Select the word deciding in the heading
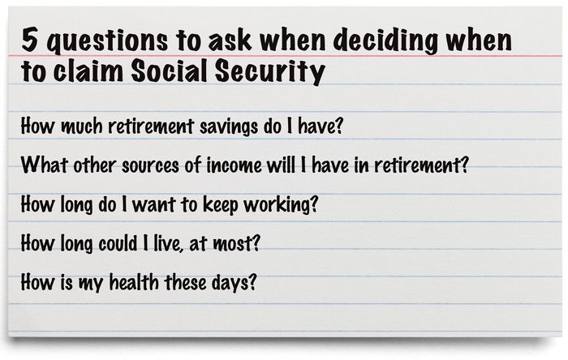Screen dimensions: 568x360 tap(385, 41)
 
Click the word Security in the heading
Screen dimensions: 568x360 tap(270, 72)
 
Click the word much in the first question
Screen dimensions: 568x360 tap(81, 126)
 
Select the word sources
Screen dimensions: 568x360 tap(150, 166)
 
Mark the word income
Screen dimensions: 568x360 tap(234, 165)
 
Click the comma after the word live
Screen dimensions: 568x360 tap(182, 250)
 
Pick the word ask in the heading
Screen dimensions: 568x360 tap(230, 40)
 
